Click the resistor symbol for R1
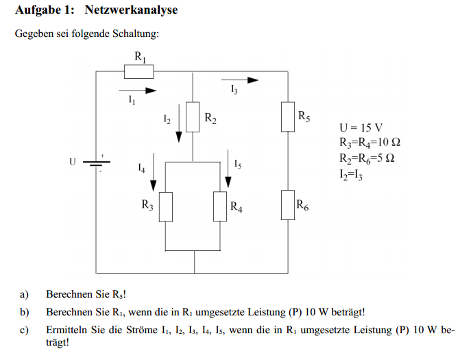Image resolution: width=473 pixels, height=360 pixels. pyautogui.click(x=138, y=71)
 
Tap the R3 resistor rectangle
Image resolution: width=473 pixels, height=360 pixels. pyautogui.click(x=167, y=206)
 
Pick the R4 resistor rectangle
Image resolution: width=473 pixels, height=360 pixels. pyautogui.click(x=221, y=206)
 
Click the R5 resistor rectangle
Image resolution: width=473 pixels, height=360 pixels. pyautogui.click(x=288, y=117)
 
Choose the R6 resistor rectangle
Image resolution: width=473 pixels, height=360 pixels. pyautogui.click(x=288, y=205)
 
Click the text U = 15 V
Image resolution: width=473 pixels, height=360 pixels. pyautogui.click(x=361, y=128)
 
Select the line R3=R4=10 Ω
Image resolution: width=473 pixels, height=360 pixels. pyautogui.click(x=369, y=143)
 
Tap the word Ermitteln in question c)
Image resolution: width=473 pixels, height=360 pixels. pyautogui.click(x=66, y=329)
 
